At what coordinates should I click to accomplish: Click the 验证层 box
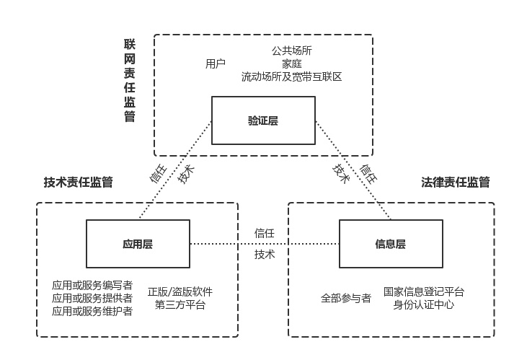click(x=262, y=120)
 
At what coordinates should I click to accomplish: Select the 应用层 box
click(x=138, y=244)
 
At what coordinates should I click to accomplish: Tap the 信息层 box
click(x=391, y=244)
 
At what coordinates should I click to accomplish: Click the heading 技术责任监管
click(x=78, y=182)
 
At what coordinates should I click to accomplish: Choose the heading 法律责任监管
click(x=456, y=182)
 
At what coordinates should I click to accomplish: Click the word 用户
click(x=216, y=63)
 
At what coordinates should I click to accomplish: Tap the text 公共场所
click(x=292, y=51)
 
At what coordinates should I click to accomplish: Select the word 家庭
click(x=292, y=63)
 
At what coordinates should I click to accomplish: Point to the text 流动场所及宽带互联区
click(x=292, y=76)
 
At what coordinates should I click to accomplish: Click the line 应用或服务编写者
click(x=92, y=285)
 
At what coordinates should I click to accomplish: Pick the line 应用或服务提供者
click(x=92, y=298)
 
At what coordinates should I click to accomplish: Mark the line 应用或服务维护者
click(x=92, y=311)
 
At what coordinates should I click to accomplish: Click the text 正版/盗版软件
click(x=180, y=292)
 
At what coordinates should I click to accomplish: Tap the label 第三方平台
click(x=180, y=305)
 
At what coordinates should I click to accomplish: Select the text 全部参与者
click(x=346, y=298)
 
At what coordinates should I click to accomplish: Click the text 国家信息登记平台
click(x=424, y=292)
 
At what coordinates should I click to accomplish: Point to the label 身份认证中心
click(x=424, y=305)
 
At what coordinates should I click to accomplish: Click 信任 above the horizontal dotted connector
click(x=265, y=233)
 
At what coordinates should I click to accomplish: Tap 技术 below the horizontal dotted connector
click(x=265, y=255)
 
